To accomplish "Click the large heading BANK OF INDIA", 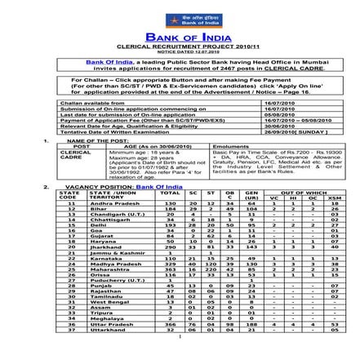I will tap(180, 37).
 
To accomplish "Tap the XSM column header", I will tap(334, 197).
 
